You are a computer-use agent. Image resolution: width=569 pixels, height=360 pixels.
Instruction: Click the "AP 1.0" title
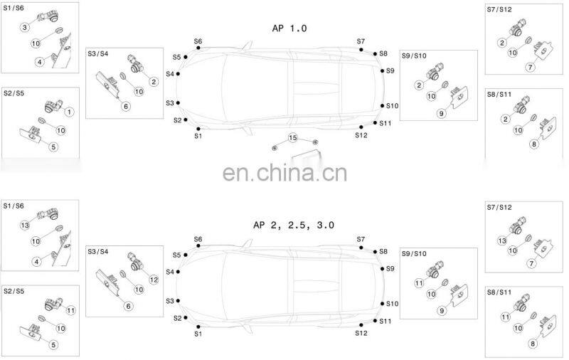(289, 28)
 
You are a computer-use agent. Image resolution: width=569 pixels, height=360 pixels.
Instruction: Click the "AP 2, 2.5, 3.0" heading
(294, 225)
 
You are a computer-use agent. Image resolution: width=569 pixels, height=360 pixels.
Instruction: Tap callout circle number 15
(292, 137)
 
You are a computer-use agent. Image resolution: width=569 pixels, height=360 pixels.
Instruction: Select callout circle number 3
(24, 27)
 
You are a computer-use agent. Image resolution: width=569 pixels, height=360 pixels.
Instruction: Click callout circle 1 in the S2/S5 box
(70, 112)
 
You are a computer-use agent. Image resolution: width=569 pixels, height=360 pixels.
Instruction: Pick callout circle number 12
(154, 278)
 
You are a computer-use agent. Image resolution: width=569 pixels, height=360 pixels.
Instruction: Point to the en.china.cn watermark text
(284, 173)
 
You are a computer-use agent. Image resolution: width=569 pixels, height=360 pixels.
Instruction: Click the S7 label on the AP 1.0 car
(361, 41)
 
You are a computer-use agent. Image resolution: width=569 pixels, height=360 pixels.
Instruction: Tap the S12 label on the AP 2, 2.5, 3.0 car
(361, 333)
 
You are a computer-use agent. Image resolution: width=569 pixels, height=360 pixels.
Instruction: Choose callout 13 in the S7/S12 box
(502, 240)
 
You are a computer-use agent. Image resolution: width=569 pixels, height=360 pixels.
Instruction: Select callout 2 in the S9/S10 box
(419, 85)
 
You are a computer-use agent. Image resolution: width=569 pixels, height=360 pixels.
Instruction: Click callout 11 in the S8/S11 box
(506, 317)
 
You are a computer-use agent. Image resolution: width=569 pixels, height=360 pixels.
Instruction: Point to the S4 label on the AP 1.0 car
(169, 74)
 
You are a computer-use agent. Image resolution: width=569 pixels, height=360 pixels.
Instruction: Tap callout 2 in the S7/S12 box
(502, 43)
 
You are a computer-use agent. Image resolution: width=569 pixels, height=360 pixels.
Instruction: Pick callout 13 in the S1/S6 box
(24, 225)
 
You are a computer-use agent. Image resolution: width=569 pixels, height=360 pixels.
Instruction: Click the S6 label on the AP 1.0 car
(198, 41)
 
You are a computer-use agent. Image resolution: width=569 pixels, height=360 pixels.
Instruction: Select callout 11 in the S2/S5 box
(70, 310)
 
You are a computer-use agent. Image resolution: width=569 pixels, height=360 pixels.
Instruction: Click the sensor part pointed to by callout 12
(132, 261)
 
